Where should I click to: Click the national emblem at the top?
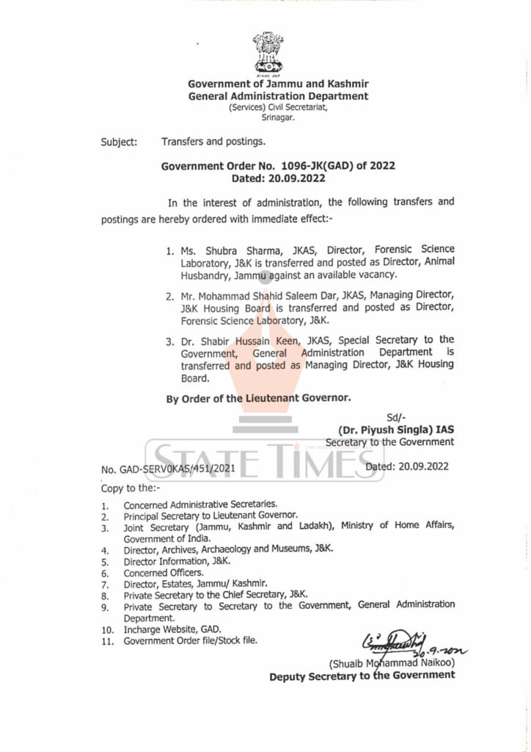(268, 53)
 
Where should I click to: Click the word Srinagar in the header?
(278, 117)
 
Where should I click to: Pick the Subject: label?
(119, 142)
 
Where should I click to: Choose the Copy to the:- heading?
(132, 488)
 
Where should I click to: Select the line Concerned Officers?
(164, 572)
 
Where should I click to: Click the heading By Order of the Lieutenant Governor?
(259, 398)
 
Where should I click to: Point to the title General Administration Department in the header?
(278, 96)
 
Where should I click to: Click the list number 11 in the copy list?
(107, 641)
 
